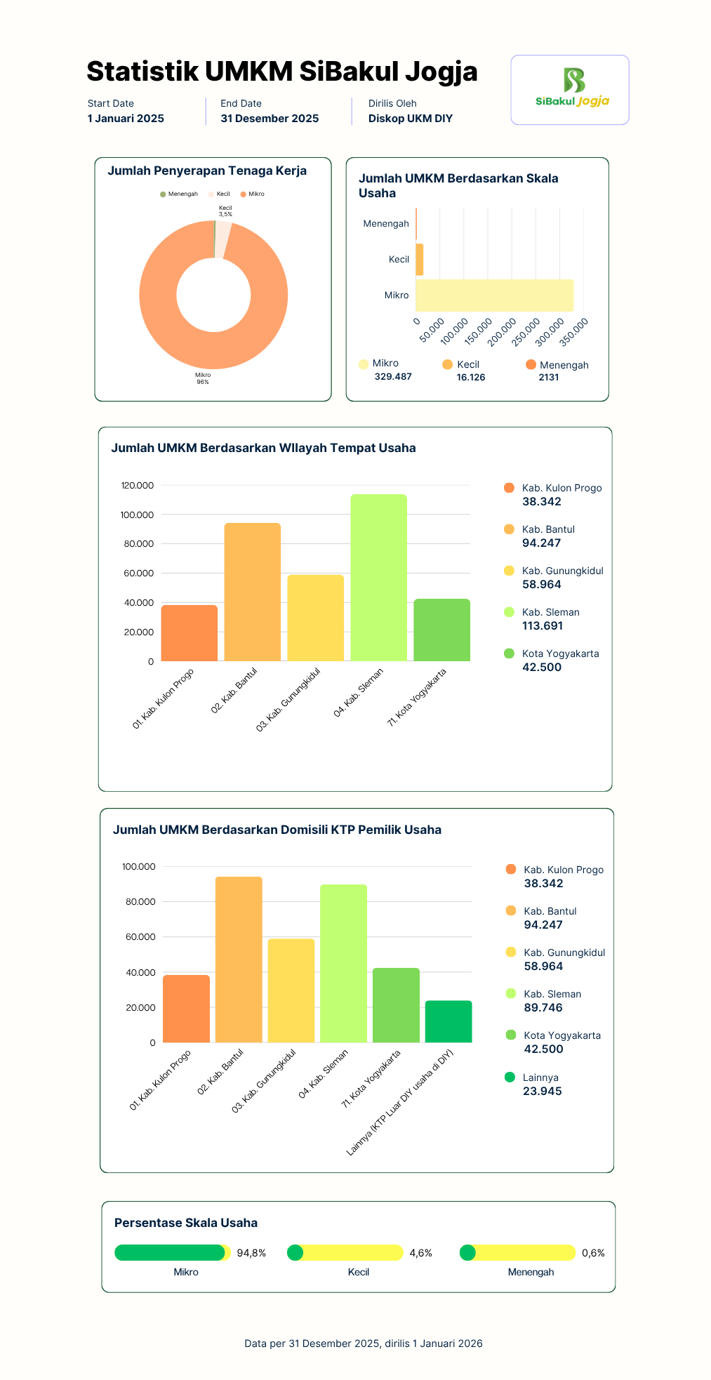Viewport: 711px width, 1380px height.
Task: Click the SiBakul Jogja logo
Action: point(572,88)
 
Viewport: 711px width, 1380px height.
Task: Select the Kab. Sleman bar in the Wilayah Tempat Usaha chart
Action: point(378,578)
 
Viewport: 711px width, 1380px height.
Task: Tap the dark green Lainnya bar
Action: point(448,1021)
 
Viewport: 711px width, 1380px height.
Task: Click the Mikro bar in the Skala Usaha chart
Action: point(494,295)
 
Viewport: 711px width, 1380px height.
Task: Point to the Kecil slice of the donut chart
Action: point(222,239)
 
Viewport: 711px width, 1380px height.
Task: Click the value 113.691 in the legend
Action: point(543,626)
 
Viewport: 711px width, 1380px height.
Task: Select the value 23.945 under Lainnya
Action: point(543,1092)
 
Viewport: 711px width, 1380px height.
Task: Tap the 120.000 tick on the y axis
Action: point(138,486)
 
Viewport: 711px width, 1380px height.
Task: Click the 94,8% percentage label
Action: point(251,1253)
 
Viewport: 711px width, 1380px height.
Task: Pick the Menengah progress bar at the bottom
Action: point(517,1252)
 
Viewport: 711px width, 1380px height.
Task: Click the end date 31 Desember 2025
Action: point(270,119)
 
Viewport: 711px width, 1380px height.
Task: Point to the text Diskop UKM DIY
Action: point(411,119)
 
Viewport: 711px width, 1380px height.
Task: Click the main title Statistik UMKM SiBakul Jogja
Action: point(282,72)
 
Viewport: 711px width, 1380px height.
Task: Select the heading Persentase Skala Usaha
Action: point(186,1223)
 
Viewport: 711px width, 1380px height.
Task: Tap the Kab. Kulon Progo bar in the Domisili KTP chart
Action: point(186,1009)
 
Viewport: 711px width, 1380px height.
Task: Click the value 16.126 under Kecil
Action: point(471,378)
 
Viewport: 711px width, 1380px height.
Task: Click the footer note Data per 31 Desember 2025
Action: point(364,1343)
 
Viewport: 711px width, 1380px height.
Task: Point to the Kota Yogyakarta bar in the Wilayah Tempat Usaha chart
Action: point(441,630)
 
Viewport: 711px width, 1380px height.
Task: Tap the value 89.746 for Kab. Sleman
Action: point(543,1008)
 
